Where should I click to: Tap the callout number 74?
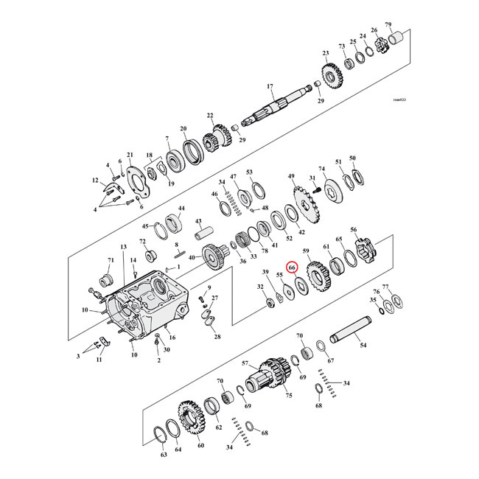(321, 169)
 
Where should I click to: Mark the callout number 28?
(217, 337)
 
